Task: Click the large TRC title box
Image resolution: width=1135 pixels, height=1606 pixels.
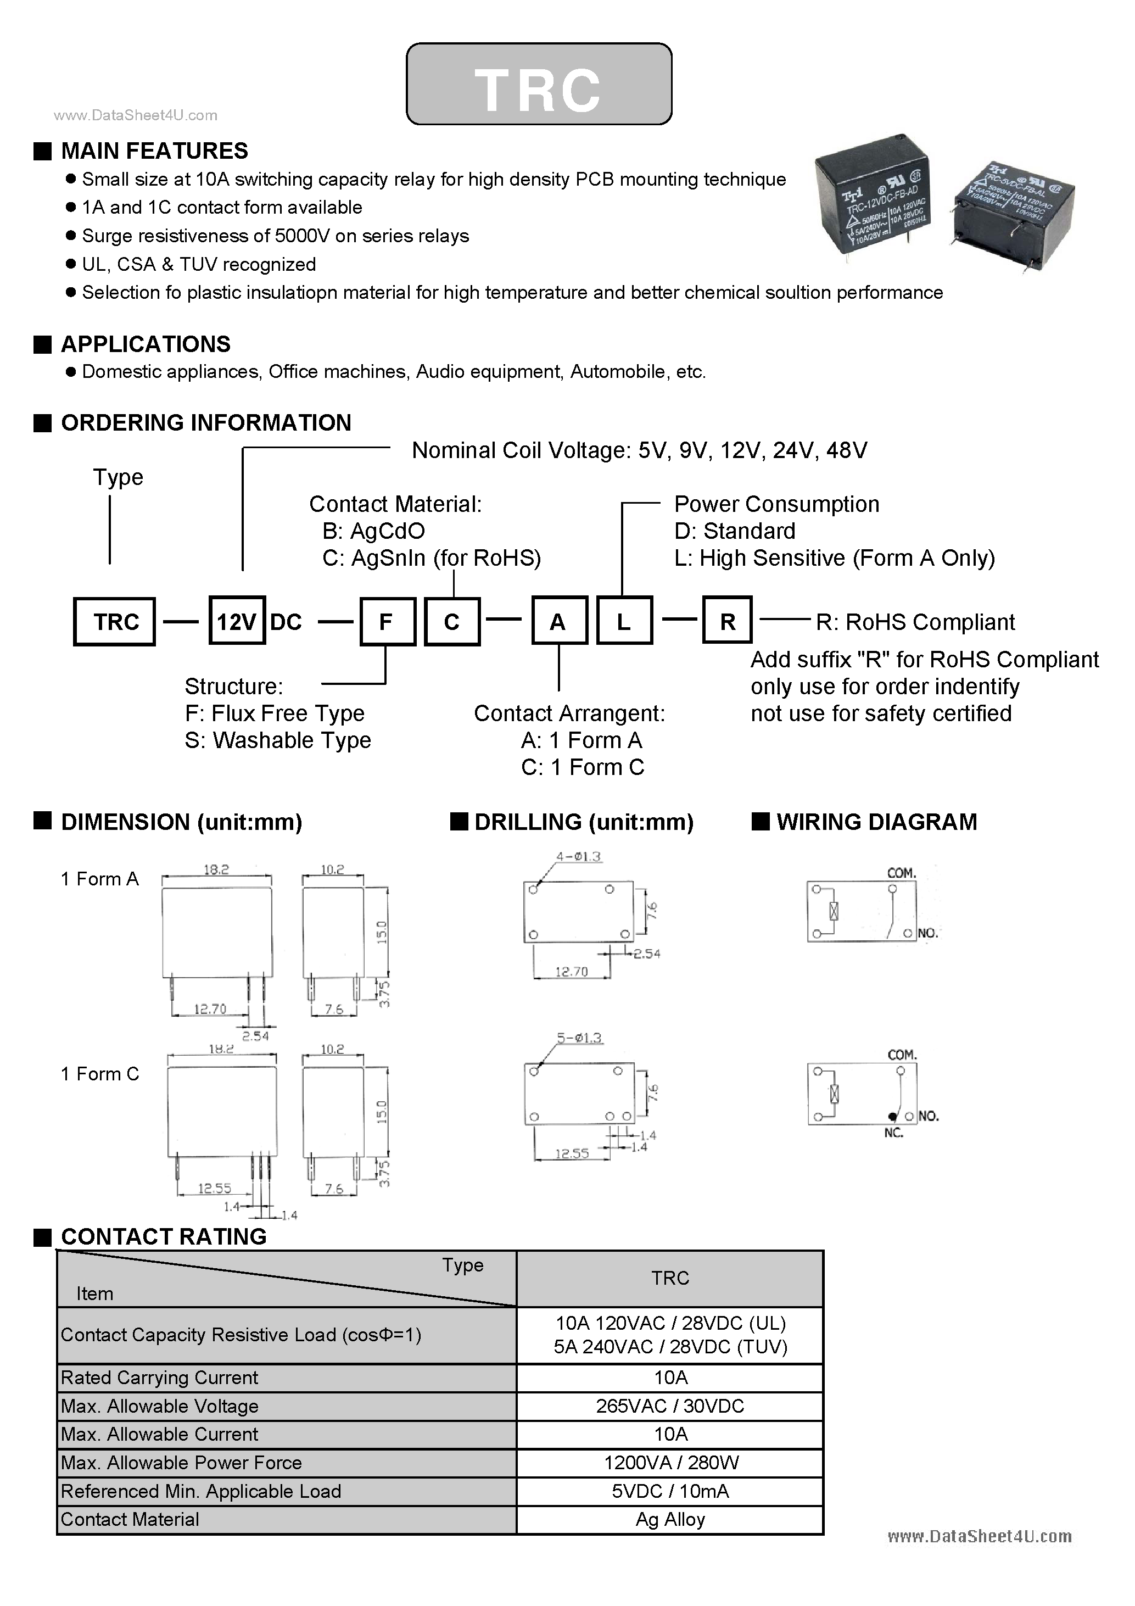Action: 539,84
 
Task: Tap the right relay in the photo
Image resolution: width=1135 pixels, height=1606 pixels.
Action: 1014,210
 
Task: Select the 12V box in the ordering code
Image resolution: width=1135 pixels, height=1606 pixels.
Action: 236,621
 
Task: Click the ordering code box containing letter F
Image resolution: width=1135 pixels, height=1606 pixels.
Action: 387,621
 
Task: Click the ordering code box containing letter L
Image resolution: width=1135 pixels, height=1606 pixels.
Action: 624,621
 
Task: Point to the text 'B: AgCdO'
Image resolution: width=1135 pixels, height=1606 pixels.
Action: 373,531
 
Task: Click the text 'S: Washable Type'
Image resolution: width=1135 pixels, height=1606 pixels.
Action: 278,740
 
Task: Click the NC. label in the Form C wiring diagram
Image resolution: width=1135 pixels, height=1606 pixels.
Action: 893,1133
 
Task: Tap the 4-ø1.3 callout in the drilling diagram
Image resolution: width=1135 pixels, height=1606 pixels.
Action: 578,856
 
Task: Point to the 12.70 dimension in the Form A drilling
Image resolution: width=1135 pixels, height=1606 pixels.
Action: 572,972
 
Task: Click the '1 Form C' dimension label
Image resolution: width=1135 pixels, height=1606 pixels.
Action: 100,1074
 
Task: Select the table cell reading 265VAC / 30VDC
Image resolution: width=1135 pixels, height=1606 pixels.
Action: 669,1406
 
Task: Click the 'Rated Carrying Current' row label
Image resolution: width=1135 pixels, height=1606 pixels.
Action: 159,1378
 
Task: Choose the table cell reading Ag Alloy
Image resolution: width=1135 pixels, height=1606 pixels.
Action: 669,1519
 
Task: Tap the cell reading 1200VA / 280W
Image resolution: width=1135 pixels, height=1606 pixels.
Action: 669,1463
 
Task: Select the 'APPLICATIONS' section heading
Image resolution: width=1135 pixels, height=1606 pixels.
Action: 146,344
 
